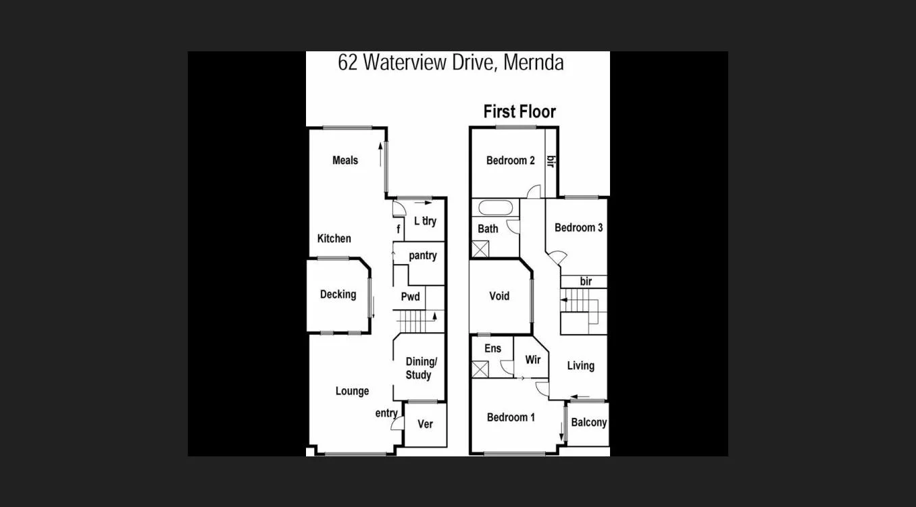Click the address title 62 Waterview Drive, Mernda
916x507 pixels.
(x=451, y=63)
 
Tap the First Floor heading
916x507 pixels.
(x=519, y=111)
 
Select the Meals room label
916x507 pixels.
(x=345, y=160)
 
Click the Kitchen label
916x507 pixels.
(x=334, y=238)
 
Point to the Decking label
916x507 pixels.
(x=338, y=294)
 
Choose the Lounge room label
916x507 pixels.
(x=352, y=391)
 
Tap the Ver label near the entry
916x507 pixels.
(x=425, y=424)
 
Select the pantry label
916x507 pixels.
(x=422, y=256)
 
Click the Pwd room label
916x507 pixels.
(x=410, y=296)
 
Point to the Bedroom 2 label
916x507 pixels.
(x=510, y=160)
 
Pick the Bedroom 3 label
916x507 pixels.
(x=578, y=228)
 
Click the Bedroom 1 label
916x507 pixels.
(x=511, y=417)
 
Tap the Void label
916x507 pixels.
(x=499, y=296)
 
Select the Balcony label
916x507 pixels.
(x=588, y=423)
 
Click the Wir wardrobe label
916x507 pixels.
(x=532, y=360)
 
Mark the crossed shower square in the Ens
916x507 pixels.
(x=482, y=370)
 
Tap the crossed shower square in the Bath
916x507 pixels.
(x=482, y=248)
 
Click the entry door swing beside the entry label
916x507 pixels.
(x=397, y=424)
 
